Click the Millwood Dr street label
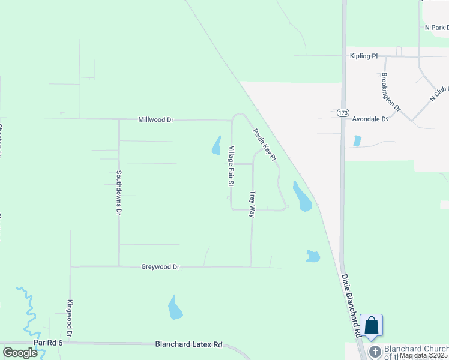coord(155,120)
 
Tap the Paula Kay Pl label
coord(264,145)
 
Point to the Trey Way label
coord(253,204)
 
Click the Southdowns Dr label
coord(119,192)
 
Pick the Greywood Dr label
coord(160,267)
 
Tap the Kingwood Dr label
coord(70,318)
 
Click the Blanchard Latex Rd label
coord(188,344)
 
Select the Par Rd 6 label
coord(48,343)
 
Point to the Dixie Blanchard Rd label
coord(351,305)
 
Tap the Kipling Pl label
coord(364,56)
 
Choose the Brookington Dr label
coord(391,92)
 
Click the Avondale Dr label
coord(370,119)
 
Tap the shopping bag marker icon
coord(372,326)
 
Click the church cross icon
coord(375,352)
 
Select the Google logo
coord(20,353)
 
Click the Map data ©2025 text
coord(423,355)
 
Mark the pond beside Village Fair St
coord(216,146)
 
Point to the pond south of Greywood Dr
coord(175,307)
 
